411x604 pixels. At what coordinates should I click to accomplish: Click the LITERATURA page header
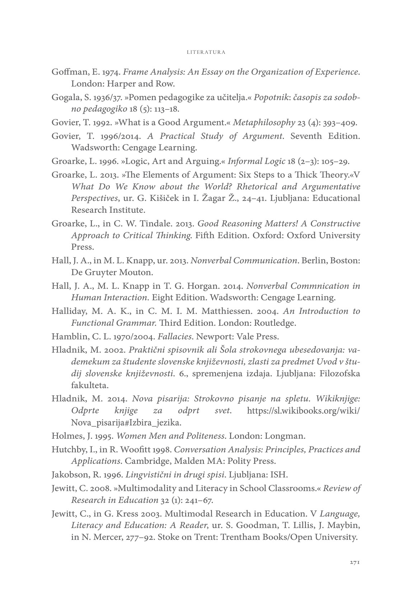tap(206, 52)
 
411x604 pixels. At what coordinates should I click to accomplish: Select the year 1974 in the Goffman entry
tap(112, 72)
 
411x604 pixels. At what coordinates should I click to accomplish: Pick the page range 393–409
tap(338, 123)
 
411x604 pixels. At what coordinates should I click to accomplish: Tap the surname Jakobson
tap(69, 475)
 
